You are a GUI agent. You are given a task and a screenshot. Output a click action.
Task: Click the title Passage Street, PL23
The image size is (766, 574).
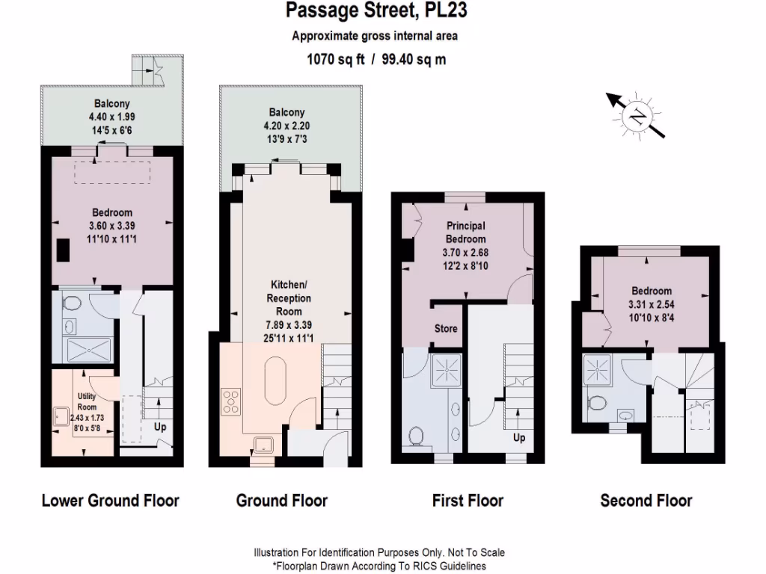(x=378, y=10)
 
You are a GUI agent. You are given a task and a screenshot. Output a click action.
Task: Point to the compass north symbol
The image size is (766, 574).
(x=637, y=116)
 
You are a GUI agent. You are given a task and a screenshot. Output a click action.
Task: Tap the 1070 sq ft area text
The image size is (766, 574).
(x=334, y=60)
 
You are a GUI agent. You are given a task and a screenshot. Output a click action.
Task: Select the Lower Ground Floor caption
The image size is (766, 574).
(x=111, y=500)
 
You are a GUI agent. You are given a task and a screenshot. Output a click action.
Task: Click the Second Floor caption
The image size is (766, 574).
(x=646, y=501)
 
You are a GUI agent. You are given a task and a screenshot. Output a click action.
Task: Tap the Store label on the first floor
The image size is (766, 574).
(x=446, y=329)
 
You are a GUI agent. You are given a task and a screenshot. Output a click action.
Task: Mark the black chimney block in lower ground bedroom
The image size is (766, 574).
(x=64, y=249)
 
